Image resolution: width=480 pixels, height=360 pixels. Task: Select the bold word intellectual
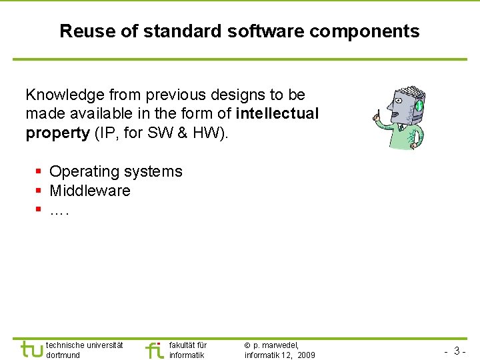[x=277, y=114]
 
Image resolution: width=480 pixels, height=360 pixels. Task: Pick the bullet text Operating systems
[x=115, y=171]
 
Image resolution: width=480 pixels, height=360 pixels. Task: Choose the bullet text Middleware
[x=90, y=191]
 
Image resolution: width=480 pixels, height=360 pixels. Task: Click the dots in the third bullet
[x=59, y=210]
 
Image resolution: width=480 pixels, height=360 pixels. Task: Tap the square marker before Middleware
[x=39, y=191]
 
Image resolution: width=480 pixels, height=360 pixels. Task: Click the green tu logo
[x=31, y=349]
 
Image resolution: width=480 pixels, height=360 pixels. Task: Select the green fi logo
[x=154, y=349]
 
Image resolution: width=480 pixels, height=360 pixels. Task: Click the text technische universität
[x=85, y=345]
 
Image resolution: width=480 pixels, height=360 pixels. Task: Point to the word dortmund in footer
[x=63, y=355]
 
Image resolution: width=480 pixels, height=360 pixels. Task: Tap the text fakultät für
[x=188, y=345]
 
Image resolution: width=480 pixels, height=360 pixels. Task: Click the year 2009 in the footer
[x=307, y=355]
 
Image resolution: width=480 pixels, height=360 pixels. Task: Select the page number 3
[x=457, y=351]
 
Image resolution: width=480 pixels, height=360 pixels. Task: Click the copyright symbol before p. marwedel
[x=248, y=345]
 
